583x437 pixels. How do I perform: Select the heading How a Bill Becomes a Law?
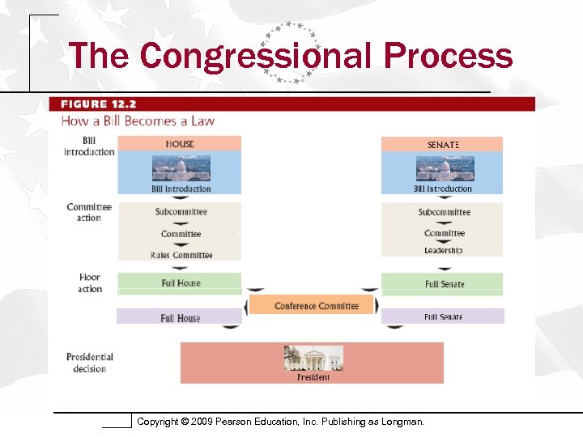[138, 121]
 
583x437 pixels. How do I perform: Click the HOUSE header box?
[180, 144]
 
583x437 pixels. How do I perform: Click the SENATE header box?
[442, 145]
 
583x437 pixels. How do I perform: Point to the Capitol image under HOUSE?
[181, 168]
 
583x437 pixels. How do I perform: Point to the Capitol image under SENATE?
[445, 168]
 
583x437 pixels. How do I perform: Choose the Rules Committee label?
[181, 255]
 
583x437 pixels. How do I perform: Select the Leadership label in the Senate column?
[443, 250]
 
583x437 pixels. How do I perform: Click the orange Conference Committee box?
[313, 305]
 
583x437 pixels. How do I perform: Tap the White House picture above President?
[313, 358]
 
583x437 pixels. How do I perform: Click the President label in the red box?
[313, 377]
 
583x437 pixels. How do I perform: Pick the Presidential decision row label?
[90, 363]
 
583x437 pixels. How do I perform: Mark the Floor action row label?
[90, 283]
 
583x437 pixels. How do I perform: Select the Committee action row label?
[89, 212]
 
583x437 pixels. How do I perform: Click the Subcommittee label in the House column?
[181, 212]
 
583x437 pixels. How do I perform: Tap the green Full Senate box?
[443, 284]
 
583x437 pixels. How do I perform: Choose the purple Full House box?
[180, 317]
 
